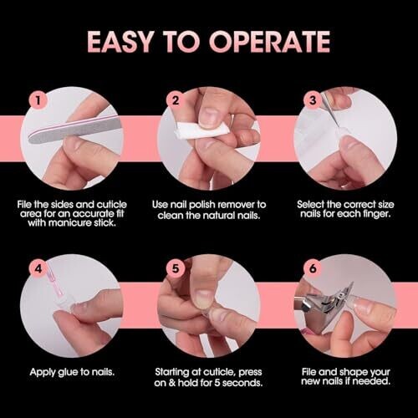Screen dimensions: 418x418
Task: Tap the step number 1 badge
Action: (38, 99)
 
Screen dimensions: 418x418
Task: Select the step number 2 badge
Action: (176, 99)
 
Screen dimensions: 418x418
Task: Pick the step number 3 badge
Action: (313, 99)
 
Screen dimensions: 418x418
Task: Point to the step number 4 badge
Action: (38, 268)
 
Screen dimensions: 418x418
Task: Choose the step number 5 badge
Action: (176, 268)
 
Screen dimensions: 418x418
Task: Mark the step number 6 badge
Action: (313, 268)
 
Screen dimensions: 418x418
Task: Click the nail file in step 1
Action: (74, 130)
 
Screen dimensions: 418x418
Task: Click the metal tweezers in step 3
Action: (331, 111)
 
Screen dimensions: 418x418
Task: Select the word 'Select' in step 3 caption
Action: (310, 205)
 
